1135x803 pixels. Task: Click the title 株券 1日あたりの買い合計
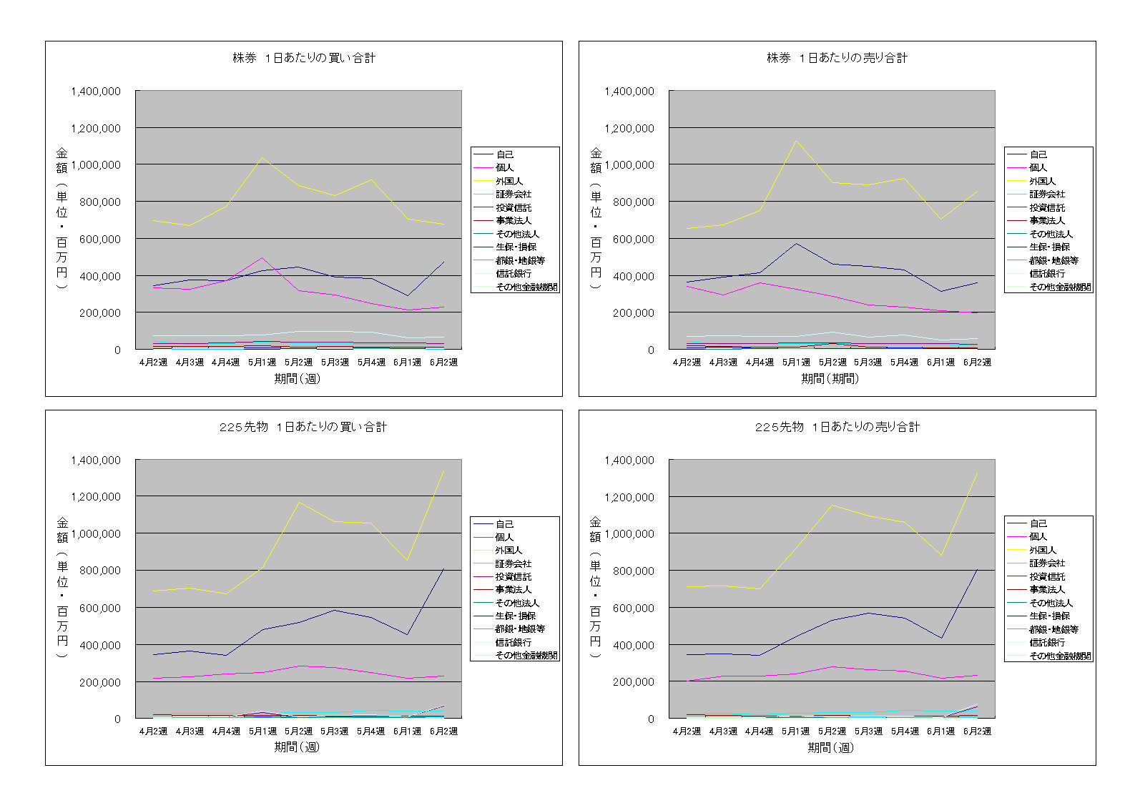coord(304,58)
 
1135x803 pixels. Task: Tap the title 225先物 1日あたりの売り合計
coord(837,427)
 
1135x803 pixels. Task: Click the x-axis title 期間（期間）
coord(830,378)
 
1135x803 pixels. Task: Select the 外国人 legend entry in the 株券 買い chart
coord(508,181)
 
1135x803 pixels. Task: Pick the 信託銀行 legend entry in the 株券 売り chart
coord(1047,274)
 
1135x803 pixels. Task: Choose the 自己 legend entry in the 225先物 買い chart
coord(504,524)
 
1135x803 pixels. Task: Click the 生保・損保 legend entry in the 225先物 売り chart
coord(1049,616)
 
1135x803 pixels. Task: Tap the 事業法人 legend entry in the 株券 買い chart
coord(514,221)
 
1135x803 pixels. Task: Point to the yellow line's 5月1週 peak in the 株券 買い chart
coord(262,157)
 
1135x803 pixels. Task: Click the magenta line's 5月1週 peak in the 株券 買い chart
coord(262,257)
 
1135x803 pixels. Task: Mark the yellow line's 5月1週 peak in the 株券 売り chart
coord(796,140)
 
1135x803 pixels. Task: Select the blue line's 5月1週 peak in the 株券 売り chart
coord(796,243)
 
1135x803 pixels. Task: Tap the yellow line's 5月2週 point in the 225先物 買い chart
coord(298,502)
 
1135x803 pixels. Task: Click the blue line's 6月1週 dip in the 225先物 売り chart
coord(941,638)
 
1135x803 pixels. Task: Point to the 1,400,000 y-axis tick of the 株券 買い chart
coord(96,92)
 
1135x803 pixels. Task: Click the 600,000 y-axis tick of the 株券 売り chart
coord(629,239)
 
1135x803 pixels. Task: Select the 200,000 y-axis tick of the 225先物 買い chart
coord(96,682)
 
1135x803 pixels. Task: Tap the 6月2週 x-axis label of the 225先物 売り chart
coord(977,731)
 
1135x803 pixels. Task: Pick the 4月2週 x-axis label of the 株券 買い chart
coord(153,362)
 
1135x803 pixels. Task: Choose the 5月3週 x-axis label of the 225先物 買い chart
coord(334,731)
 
